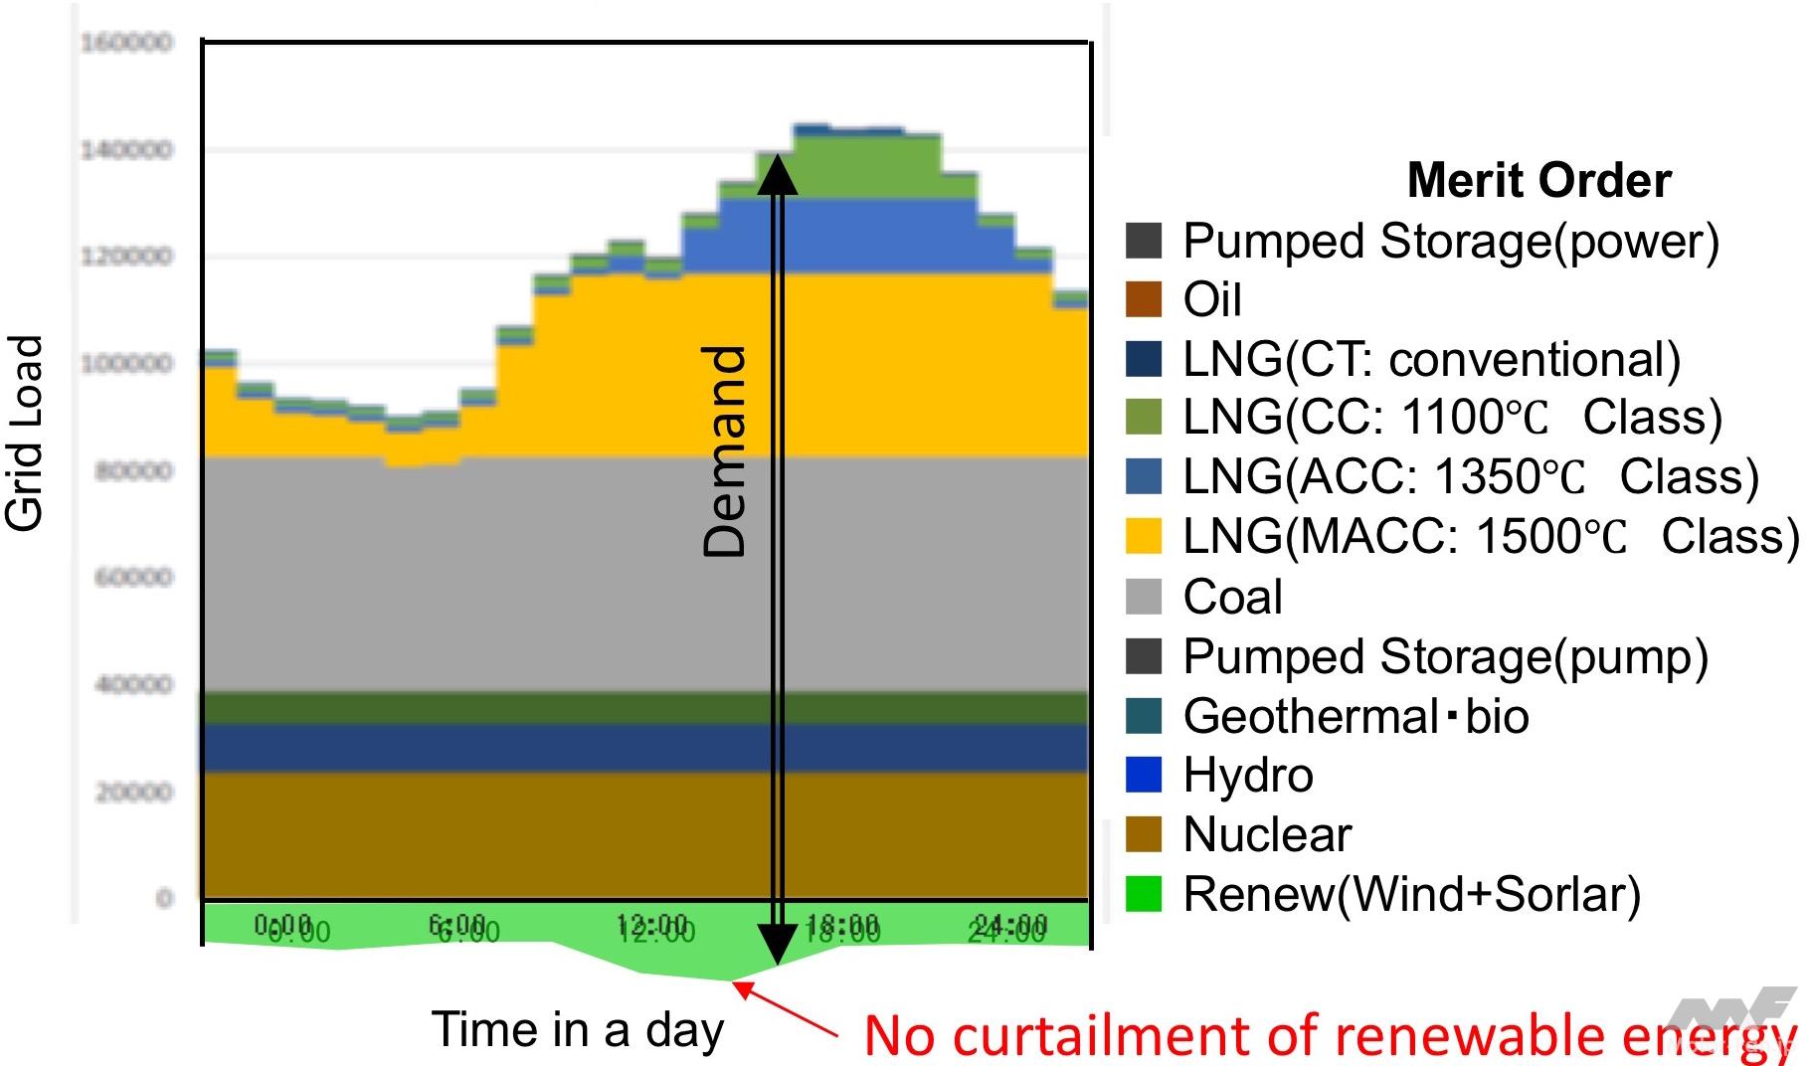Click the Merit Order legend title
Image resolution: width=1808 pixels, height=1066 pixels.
pyautogui.click(x=1538, y=181)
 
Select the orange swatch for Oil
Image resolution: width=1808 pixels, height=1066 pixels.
pyautogui.click(x=1143, y=299)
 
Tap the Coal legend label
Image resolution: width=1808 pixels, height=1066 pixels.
pyautogui.click(x=1232, y=597)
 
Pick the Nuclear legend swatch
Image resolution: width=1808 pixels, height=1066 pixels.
pyautogui.click(x=1143, y=834)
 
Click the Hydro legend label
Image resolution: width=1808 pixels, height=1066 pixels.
pyautogui.click(x=1248, y=776)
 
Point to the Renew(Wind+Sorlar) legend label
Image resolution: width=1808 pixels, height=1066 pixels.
pyautogui.click(x=1411, y=894)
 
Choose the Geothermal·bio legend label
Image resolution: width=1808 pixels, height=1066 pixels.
pyautogui.click(x=1356, y=716)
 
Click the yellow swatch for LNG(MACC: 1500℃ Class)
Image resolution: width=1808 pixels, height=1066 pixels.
pyautogui.click(x=1143, y=537)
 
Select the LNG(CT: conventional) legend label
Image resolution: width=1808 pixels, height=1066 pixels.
pyautogui.click(x=1431, y=359)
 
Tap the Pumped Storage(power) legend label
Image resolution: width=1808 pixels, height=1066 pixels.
pyautogui.click(x=1450, y=242)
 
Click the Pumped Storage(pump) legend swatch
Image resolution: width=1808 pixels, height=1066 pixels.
pyautogui.click(x=1143, y=656)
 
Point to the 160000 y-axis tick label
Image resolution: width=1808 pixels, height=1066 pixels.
pyautogui.click(x=126, y=43)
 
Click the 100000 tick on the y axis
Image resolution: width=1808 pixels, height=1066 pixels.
pyautogui.click(x=126, y=364)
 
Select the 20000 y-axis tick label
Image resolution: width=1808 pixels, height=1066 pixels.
pyautogui.click(x=133, y=793)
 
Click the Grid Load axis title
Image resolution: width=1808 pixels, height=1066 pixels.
pyautogui.click(x=26, y=433)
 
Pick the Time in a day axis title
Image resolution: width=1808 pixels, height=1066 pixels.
pyautogui.click(x=578, y=1029)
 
